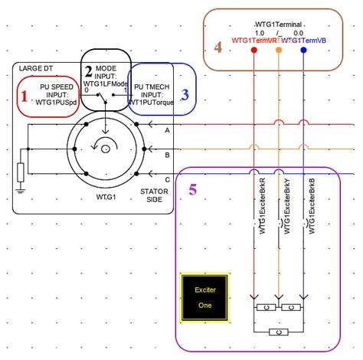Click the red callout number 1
23,97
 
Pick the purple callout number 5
193,188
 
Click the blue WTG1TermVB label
313,39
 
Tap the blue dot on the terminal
304,51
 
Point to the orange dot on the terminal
278,51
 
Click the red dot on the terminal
253,51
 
